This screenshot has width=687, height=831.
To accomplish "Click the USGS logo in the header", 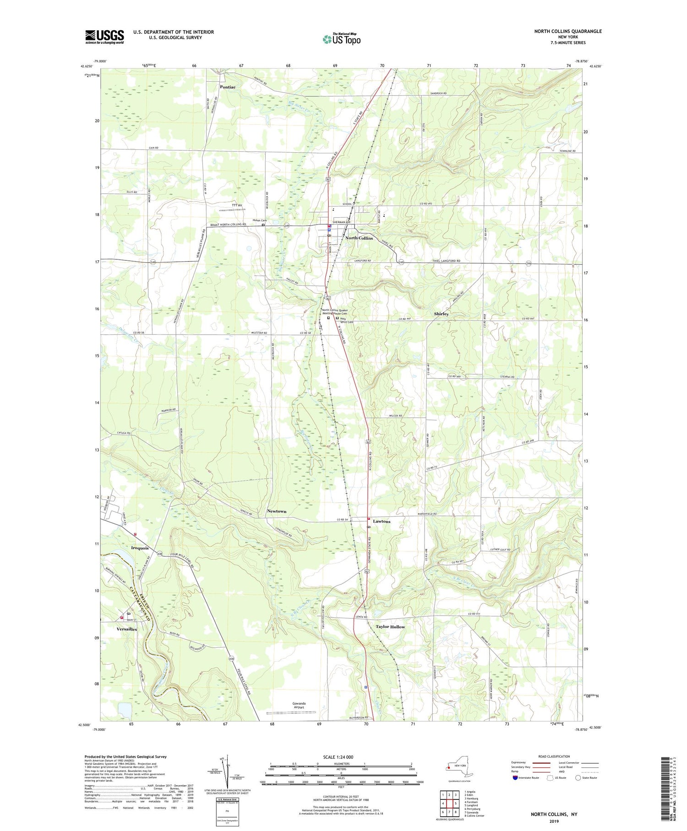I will [x=104, y=37].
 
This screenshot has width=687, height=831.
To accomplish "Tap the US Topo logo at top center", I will [x=341, y=39].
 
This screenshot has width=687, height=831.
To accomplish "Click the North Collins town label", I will [x=359, y=238].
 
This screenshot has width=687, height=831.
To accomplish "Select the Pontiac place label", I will [x=228, y=87].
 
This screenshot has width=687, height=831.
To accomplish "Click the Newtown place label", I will [x=277, y=511].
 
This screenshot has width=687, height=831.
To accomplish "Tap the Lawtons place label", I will [x=382, y=521].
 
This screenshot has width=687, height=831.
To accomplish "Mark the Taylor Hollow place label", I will [x=390, y=627].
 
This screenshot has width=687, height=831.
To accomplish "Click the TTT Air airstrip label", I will [x=237, y=205].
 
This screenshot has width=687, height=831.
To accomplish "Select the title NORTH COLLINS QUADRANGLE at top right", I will [x=567, y=31].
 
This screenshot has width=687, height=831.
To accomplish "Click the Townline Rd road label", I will [x=567, y=151].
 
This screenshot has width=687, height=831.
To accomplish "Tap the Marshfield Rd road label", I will [x=428, y=514].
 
